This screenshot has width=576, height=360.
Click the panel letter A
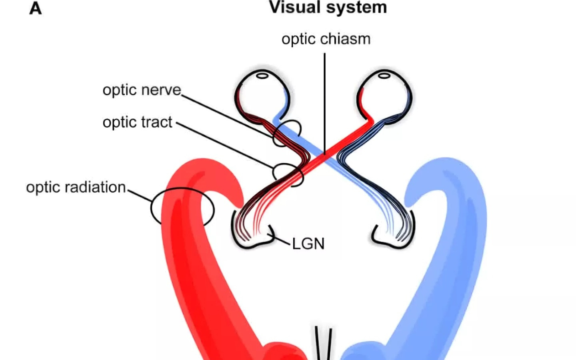click(36, 8)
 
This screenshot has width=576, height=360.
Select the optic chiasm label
click(326, 39)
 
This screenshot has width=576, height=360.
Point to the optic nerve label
click(142, 90)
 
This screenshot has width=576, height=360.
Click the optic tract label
click(137, 122)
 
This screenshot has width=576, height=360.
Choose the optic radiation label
click(76, 187)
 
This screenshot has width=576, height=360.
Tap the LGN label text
click(308, 244)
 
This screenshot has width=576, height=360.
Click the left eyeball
click(262, 96)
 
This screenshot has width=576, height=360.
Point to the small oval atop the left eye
click(262, 75)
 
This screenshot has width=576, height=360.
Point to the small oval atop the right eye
click(384, 75)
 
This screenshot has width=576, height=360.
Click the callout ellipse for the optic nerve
click(287, 133)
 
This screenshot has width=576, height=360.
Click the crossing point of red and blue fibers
click(325, 154)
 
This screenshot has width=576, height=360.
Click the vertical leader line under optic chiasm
click(325, 100)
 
